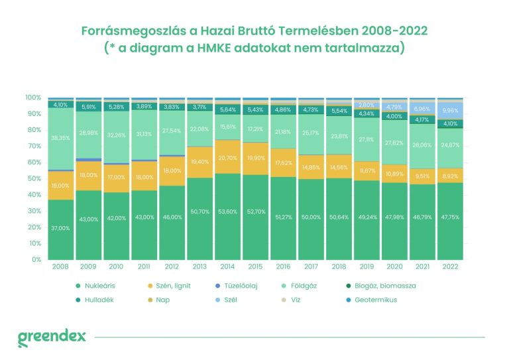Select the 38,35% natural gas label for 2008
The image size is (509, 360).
tap(61, 138)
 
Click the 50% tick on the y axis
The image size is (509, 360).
tap(34, 178)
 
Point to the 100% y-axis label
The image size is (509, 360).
tap(32, 97)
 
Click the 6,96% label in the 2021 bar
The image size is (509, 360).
tap(422, 108)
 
